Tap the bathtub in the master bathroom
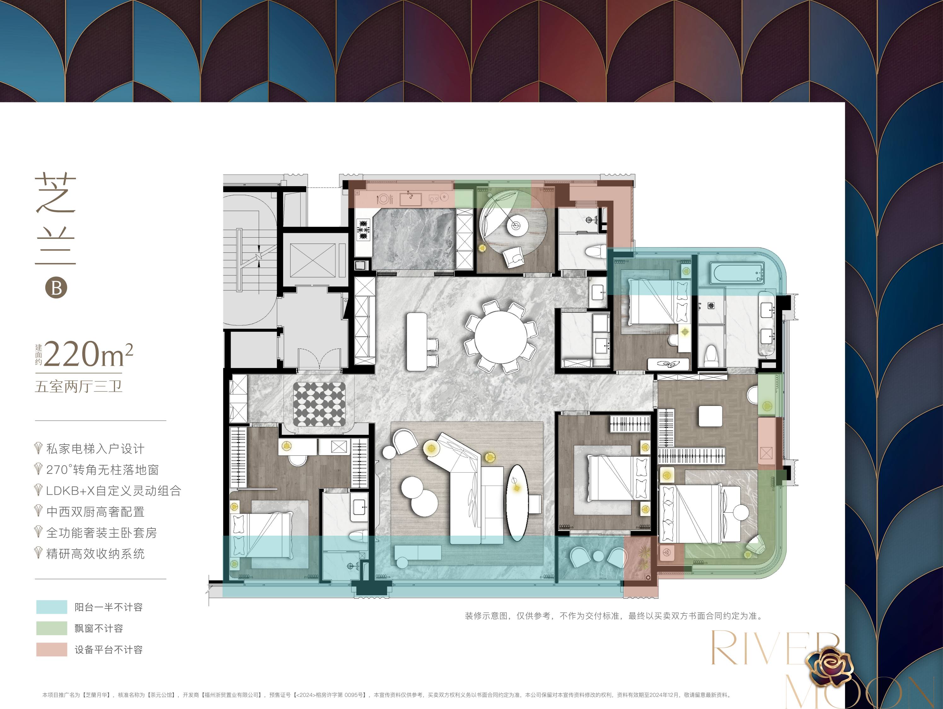(737, 273)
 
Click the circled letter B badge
(56, 287)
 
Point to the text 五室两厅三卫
(79, 386)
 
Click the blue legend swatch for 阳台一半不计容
(52, 607)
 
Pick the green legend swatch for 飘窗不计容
(52, 628)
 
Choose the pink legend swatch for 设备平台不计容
(52, 649)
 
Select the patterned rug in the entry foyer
(319, 403)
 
